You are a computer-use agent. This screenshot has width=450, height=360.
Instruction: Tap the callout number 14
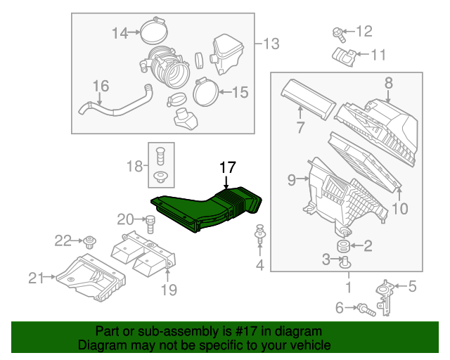point(120,32)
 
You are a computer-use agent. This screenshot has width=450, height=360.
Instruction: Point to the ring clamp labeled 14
point(154,32)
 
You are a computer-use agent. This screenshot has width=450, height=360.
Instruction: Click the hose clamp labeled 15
point(205,91)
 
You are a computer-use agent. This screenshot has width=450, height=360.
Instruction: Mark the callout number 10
point(399,207)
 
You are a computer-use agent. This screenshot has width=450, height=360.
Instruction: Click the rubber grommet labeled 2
point(344,246)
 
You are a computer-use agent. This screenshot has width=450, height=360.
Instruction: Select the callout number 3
point(327,260)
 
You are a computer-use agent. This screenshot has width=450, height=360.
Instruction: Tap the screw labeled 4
point(260,236)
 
